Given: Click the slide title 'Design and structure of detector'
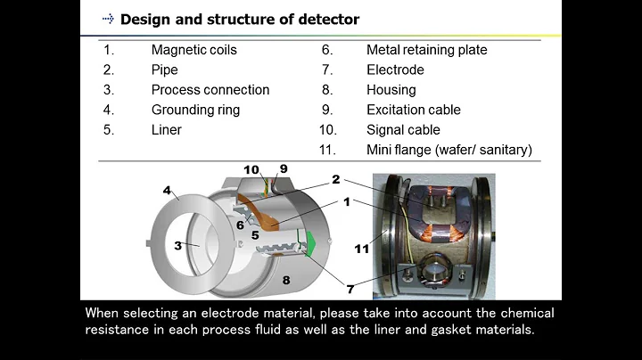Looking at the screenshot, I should pos(240,19).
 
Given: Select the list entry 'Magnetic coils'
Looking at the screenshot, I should pos(195,50).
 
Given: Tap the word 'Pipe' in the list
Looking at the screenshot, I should pos(165,70).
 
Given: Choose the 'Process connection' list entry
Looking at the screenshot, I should pos(210,89).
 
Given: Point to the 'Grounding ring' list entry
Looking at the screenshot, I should pos(194,110).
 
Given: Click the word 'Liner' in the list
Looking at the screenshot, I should pos(167,129).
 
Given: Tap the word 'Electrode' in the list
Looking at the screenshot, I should pos(395,70).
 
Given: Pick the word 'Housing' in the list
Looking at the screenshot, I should pos(391,89).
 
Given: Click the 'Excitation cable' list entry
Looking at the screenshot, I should pos(414,110).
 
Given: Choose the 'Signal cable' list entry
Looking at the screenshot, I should pos(404,129).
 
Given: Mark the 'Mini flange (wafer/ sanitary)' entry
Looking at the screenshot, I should pos(449,150).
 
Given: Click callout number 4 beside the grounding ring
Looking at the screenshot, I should pos(167,190).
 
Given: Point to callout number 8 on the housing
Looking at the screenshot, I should pos(286,281).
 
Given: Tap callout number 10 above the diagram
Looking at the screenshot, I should pos(251,170).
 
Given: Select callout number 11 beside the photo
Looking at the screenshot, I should pos(361,249).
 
